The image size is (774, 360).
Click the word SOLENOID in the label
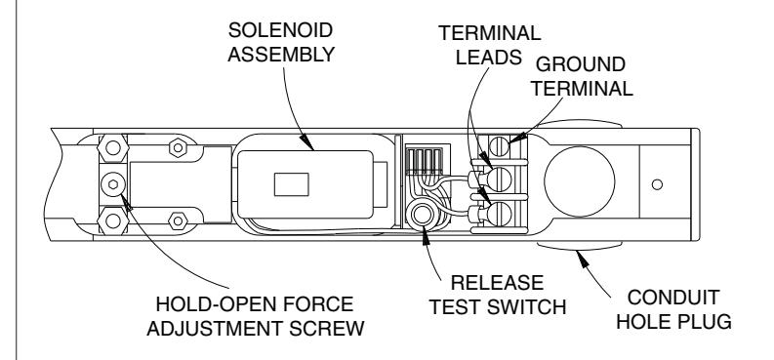pos(280,30)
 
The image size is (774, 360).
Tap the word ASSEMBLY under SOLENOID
pos(281,55)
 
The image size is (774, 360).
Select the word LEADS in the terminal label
pos(489,58)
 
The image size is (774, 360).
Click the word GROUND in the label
pos(581,64)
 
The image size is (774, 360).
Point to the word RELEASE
pos(497,283)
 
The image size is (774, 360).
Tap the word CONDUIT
pos(673,298)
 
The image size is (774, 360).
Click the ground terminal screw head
pos(500,146)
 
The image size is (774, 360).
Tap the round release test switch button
pos(421,215)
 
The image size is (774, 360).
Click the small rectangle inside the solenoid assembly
pos(292,184)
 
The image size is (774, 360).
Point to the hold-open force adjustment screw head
pos(113,184)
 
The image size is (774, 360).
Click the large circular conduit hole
pos(580,181)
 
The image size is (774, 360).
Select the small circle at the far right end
pos(657,184)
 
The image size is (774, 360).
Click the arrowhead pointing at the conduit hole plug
pos(583,258)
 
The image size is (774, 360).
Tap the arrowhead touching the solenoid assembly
pos(306,142)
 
